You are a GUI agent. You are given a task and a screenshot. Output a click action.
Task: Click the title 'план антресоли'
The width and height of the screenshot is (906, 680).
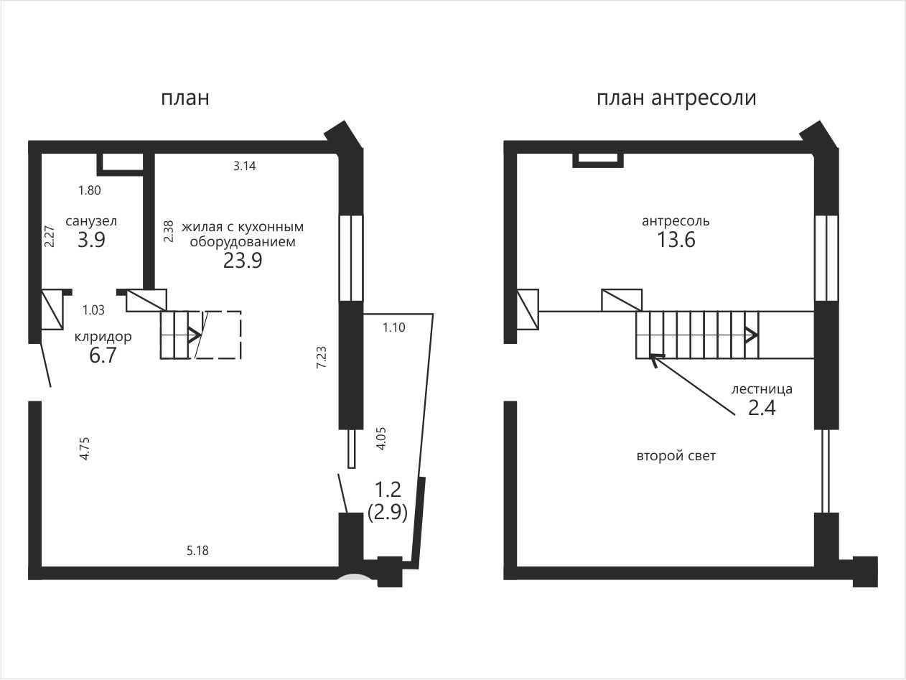pos(676,98)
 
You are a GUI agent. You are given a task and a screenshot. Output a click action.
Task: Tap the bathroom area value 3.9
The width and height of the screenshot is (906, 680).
pos(91,239)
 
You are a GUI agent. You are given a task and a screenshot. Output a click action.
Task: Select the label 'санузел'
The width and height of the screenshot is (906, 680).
pos(91,221)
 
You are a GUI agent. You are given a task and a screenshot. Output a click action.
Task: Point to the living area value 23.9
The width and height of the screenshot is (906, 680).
pos(243,260)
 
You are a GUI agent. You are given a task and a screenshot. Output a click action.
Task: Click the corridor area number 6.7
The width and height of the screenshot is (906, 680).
pos(103,355)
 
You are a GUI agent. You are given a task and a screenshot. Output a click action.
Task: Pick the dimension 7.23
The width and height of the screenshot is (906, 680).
pos(321,357)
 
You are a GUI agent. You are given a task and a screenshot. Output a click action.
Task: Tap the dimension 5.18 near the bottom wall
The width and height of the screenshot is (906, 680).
pos(197,550)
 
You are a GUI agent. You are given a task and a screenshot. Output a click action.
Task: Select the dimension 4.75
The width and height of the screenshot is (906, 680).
pos(85,449)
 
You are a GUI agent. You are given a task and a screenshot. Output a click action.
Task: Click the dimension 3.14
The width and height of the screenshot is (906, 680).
pos(244,166)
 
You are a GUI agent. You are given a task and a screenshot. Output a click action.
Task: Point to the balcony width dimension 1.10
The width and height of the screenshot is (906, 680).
pos(393,328)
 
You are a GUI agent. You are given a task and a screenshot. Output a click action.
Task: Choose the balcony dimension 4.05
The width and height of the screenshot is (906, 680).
pos(381,439)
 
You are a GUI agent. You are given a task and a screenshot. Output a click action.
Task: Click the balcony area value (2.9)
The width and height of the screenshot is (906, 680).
pos(388,513)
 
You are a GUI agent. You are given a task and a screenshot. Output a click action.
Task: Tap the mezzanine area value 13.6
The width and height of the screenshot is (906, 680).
pos(676,239)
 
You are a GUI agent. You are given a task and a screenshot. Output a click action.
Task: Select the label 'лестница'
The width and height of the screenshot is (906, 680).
pos(762,389)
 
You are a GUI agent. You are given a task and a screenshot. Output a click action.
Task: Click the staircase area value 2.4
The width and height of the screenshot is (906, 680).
pos(762,408)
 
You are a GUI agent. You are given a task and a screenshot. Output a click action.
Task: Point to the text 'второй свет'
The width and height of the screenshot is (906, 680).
pos(676,456)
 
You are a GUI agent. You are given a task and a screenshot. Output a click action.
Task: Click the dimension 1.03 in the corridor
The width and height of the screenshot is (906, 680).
pos(93,310)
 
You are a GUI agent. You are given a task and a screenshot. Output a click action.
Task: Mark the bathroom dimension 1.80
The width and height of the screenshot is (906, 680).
pos(90,190)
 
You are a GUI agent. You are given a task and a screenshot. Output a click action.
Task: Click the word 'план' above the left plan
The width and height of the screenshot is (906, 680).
pos(185,98)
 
